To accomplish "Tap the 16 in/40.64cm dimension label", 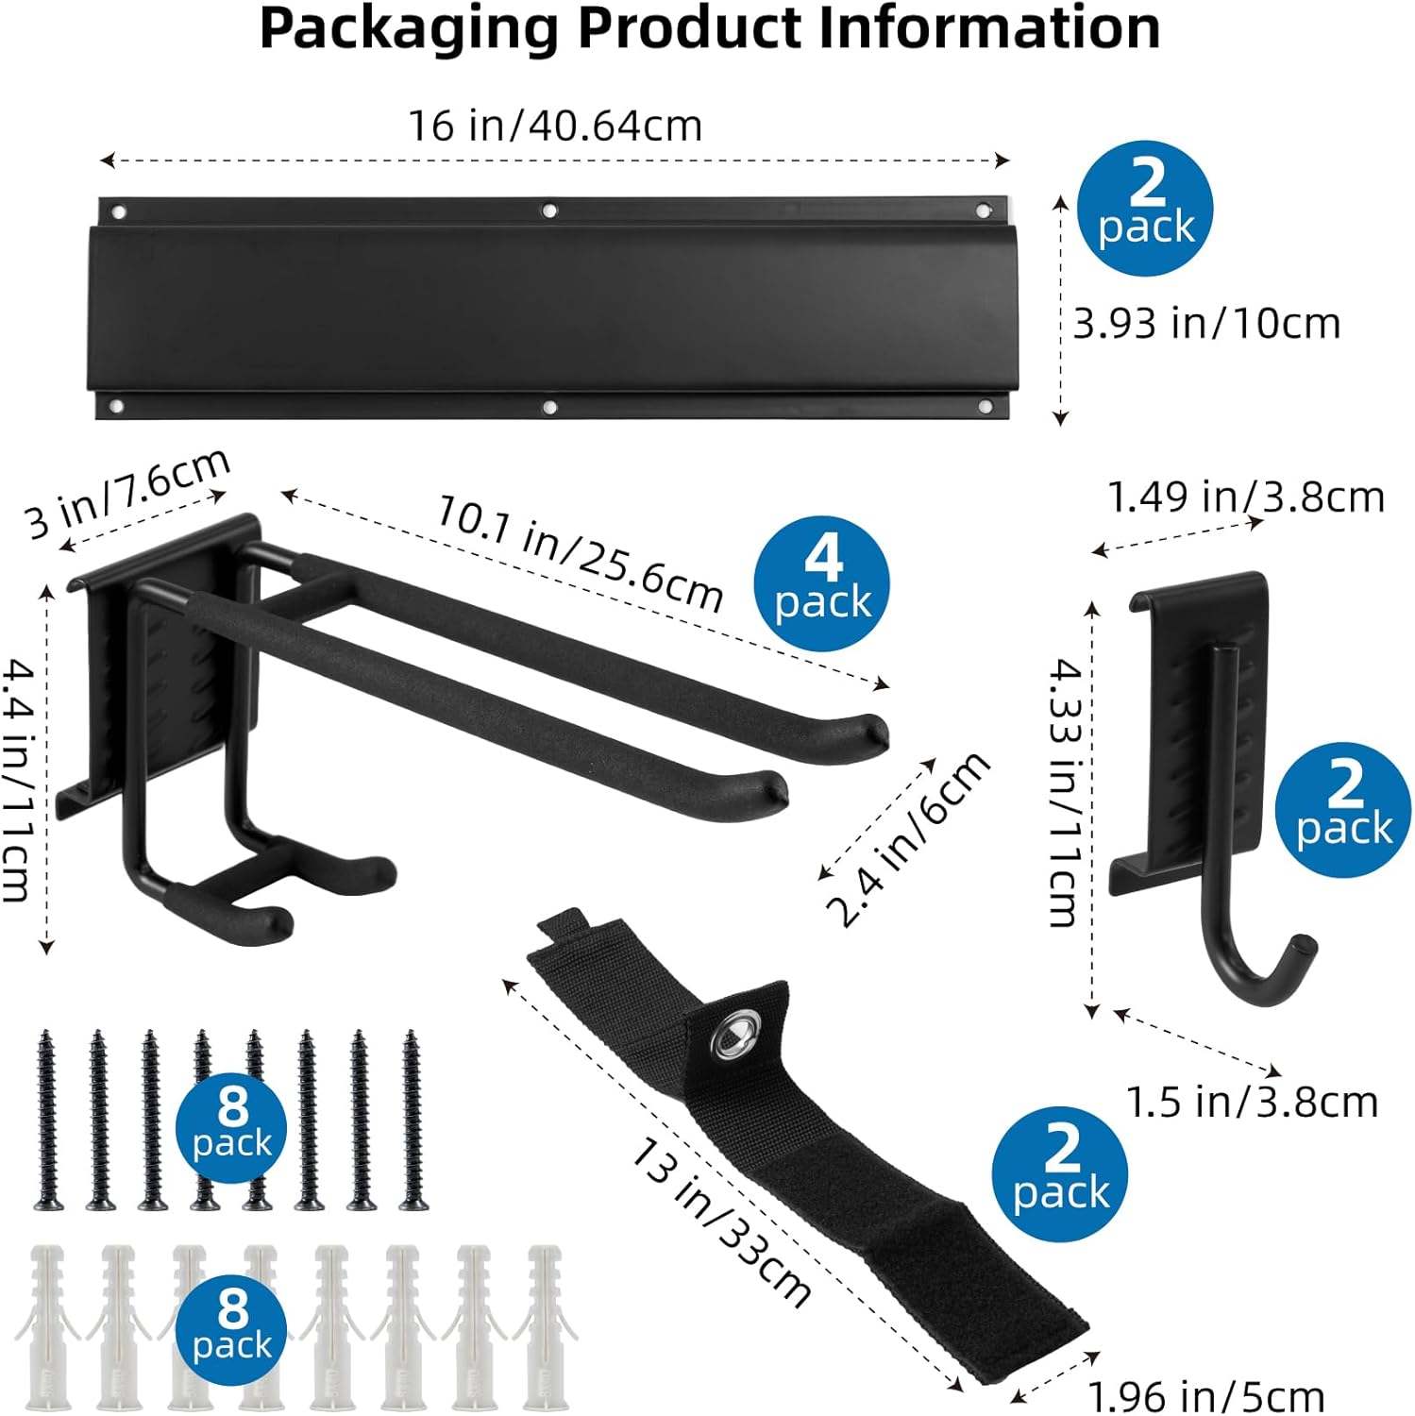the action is [x=555, y=126].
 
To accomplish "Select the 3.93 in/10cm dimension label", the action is [x=1206, y=324].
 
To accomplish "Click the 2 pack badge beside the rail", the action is [x=1145, y=209].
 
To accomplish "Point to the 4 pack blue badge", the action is [x=822, y=583].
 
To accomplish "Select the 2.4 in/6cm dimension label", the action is [x=908, y=838].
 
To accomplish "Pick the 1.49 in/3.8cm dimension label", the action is [x=1246, y=497].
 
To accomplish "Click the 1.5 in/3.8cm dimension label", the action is [x=1253, y=1102].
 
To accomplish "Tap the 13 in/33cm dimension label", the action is [x=720, y=1222].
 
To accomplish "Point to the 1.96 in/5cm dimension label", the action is [x=1206, y=1396].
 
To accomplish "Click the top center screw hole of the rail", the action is [x=549, y=211].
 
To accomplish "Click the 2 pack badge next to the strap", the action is [x=1060, y=1174].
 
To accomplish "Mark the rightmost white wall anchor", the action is [x=544, y=1325].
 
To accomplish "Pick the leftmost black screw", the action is [x=47, y=1120].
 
